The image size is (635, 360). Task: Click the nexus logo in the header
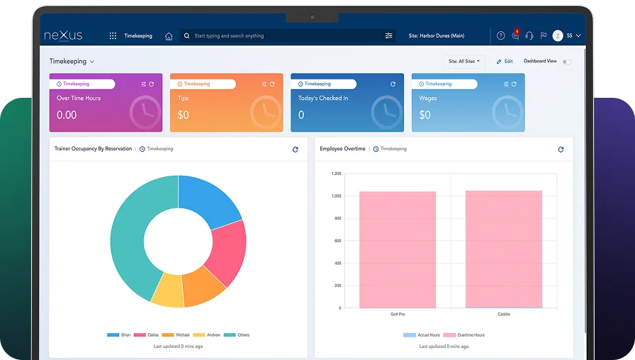click(64, 35)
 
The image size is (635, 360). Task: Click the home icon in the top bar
click(169, 35)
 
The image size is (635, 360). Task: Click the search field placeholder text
click(229, 35)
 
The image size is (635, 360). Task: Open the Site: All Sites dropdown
click(464, 62)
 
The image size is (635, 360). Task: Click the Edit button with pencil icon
click(505, 62)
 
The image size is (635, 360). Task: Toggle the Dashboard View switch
click(566, 62)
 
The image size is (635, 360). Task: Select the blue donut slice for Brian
click(209, 198)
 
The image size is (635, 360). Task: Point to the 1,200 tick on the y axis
click(335, 174)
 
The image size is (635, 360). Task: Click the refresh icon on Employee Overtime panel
click(561, 150)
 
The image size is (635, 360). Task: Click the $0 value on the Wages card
click(425, 115)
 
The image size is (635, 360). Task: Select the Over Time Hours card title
click(79, 99)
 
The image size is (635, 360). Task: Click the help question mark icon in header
click(501, 35)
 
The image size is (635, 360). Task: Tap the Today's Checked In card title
click(322, 99)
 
